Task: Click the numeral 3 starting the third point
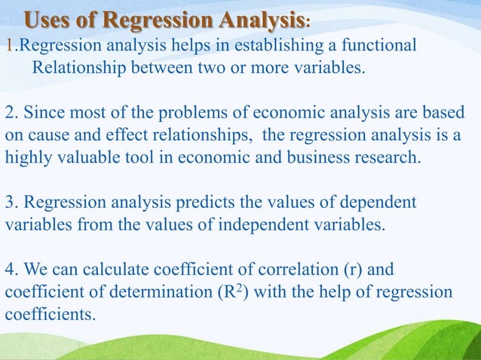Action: pos(10,203)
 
